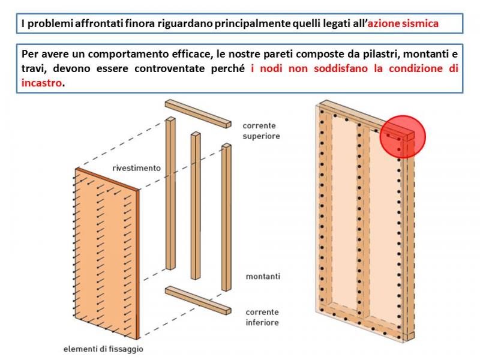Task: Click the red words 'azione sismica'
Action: click(403, 23)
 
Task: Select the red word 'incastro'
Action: click(41, 83)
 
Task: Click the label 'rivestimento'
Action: click(137, 168)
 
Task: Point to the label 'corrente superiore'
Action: click(261, 131)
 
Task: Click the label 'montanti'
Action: click(263, 277)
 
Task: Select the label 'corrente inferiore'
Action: click(262, 317)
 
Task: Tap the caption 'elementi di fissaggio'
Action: click(103, 349)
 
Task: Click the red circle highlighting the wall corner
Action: click(403, 137)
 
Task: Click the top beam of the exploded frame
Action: click(198, 113)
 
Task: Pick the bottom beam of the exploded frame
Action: click(198, 301)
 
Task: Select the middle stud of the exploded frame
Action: click(196, 205)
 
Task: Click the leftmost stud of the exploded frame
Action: click(170, 193)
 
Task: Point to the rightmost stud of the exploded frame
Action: click(226, 217)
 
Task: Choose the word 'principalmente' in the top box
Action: click(252, 23)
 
